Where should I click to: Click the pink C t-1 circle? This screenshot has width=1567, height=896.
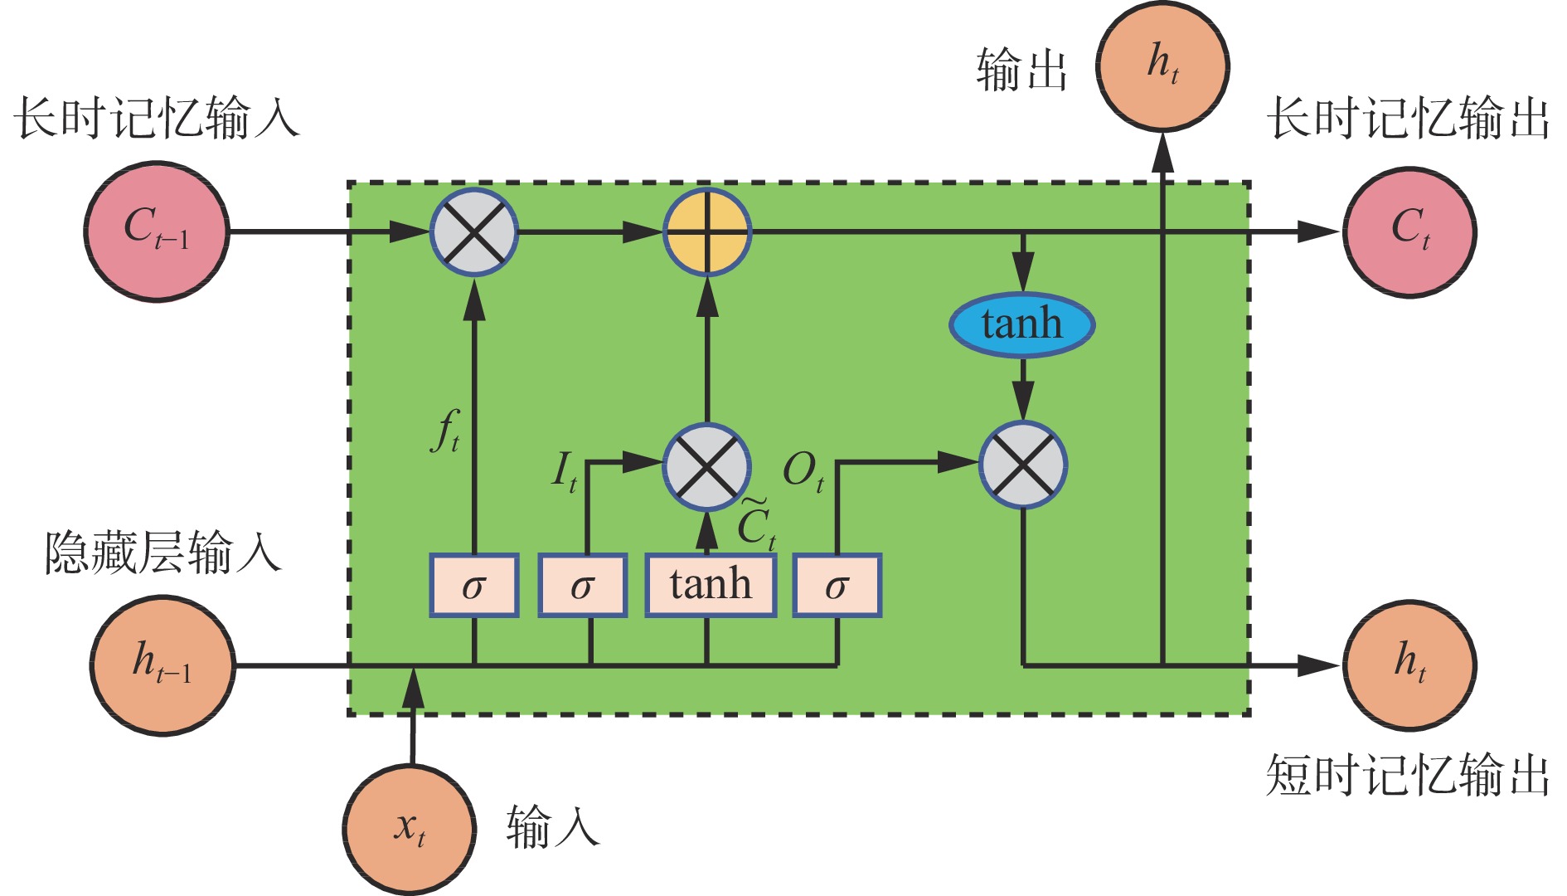[x=156, y=231]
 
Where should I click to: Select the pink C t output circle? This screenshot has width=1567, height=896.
[x=1409, y=231]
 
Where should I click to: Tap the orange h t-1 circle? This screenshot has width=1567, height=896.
[x=163, y=665]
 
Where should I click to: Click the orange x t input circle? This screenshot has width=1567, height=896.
[x=410, y=829]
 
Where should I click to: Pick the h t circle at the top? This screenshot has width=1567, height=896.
[x=1162, y=66]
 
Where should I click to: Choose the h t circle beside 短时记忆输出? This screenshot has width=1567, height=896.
[x=1409, y=665]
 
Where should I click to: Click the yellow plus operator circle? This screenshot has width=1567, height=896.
[x=707, y=231]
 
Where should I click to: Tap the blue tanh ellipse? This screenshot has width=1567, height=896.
[x=1021, y=324]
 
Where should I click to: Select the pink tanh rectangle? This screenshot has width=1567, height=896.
[x=711, y=585]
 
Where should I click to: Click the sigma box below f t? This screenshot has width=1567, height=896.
[x=473, y=585]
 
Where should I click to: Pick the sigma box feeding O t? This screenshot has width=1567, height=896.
[x=837, y=585]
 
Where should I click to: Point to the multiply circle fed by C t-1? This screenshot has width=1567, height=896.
[x=473, y=231]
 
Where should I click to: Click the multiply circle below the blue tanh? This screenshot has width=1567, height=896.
[x=1023, y=465]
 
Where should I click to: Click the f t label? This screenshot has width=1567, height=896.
[x=446, y=431]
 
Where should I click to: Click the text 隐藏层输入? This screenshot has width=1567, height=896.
[x=163, y=553]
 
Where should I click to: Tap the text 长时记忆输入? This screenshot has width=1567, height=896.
[x=157, y=117]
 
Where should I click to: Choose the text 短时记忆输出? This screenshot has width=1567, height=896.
[x=1407, y=776]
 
